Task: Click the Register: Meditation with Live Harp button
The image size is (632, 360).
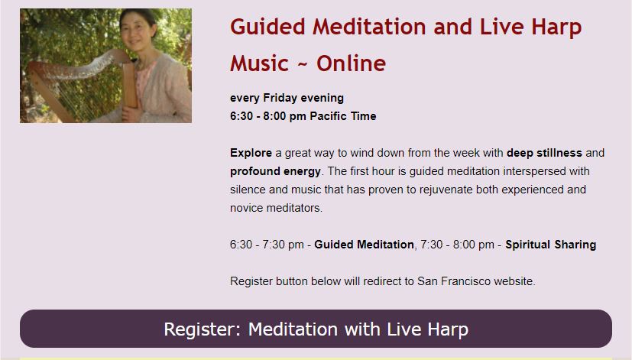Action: point(316,329)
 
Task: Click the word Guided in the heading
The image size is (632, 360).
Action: point(267,27)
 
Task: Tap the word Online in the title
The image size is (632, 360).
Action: point(351,63)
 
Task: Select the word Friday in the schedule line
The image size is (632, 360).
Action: point(280,98)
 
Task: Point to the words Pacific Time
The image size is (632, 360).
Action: point(343,116)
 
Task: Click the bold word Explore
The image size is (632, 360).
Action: point(251,153)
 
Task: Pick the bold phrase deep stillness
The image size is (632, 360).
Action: point(544,153)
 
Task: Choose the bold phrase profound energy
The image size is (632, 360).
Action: point(275,171)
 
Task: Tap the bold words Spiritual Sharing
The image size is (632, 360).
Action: point(550,245)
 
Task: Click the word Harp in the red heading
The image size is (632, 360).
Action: point(556,28)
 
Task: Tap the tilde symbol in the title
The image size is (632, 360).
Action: point(303,64)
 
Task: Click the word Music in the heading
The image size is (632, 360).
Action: point(260,63)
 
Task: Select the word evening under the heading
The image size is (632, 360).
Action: point(322,98)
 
